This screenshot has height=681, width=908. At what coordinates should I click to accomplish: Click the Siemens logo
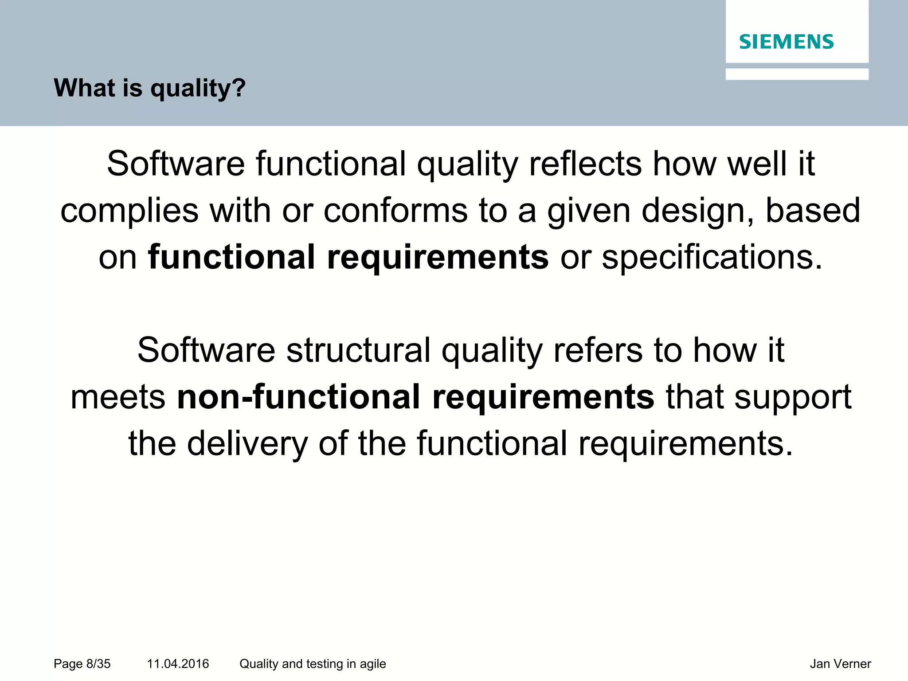click(x=786, y=42)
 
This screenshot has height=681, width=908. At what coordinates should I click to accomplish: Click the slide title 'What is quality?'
click(x=149, y=88)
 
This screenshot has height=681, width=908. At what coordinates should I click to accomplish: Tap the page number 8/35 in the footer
click(x=82, y=664)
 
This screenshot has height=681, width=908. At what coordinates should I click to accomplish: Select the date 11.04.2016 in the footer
click(x=178, y=664)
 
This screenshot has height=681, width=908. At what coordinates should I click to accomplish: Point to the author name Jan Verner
click(x=840, y=664)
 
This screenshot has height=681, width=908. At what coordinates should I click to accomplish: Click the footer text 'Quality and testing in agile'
click(x=313, y=664)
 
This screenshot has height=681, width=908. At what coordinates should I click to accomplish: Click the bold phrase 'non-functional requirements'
click(x=415, y=396)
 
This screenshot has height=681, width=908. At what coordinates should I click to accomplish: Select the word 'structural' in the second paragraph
click(x=358, y=350)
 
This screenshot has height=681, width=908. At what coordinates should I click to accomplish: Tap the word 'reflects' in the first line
click(x=585, y=164)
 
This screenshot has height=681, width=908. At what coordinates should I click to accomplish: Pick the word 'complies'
click(x=129, y=211)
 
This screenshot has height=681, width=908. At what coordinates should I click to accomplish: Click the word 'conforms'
click(x=395, y=211)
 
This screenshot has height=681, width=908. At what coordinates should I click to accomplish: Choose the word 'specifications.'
click(x=712, y=257)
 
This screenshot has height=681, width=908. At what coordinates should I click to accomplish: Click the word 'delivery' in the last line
click(x=247, y=443)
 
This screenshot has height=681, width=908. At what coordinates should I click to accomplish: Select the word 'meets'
click(x=118, y=397)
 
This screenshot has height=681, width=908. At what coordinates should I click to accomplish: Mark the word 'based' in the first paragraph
click(x=813, y=211)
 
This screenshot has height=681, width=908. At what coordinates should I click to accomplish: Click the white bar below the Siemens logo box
click(x=797, y=74)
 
